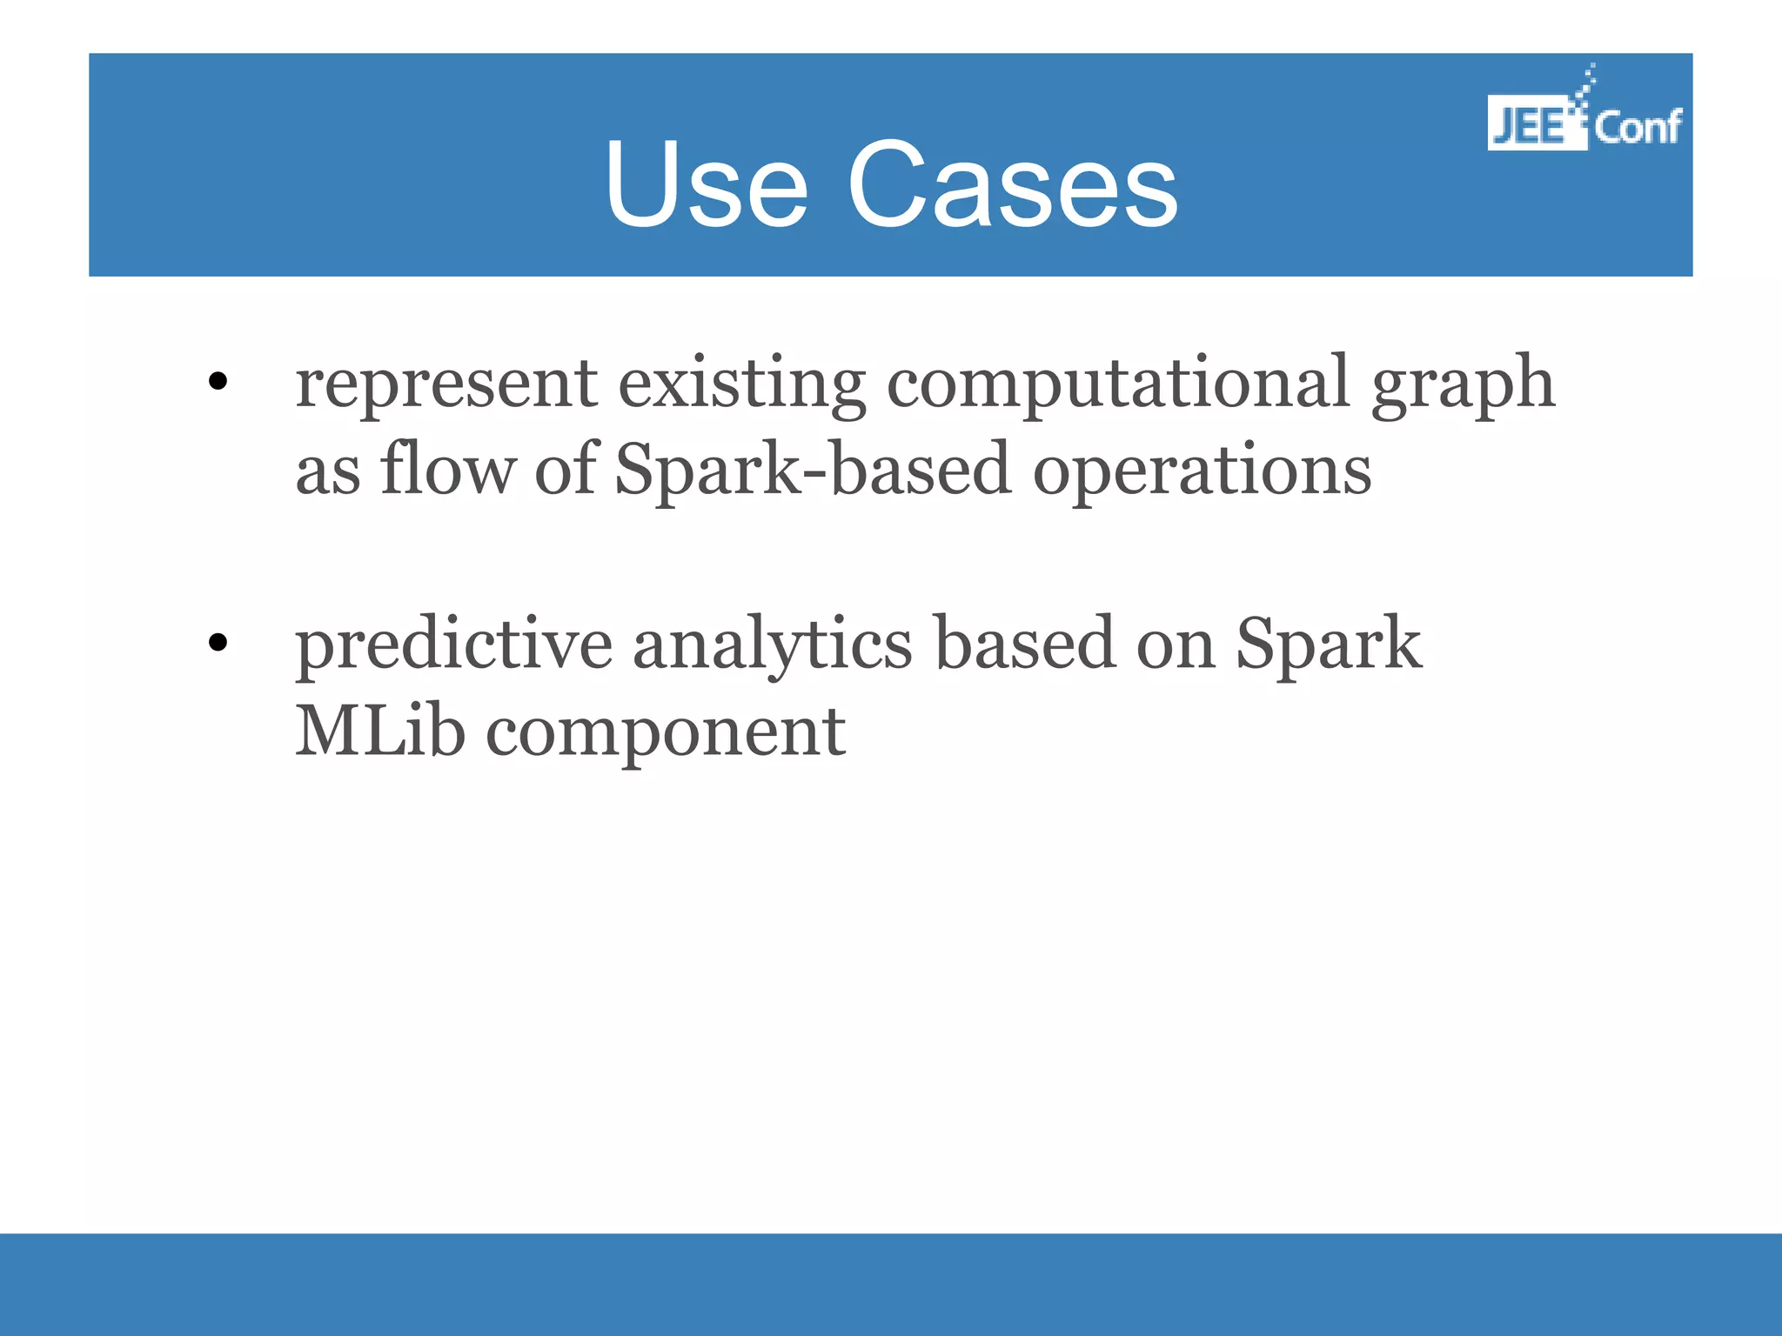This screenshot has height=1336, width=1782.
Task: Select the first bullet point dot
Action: pos(218,381)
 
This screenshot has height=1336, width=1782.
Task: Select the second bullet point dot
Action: pos(218,643)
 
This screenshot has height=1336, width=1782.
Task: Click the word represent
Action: pos(446,384)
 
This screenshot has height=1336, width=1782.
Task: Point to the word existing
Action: pos(741,384)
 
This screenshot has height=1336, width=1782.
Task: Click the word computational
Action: pos(1118,384)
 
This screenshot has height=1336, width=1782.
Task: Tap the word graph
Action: pos(1463,384)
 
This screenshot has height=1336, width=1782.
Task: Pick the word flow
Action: pos(447,470)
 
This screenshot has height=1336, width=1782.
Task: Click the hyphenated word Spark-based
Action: pos(813,470)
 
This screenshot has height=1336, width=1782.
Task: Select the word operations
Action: pos(1202,470)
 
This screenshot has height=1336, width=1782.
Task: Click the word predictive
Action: pos(453,645)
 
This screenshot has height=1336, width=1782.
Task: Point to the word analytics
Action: pos(772,645)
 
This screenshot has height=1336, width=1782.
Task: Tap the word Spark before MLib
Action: pos(1329,645)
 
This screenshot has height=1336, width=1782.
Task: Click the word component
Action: pos(665,732)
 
